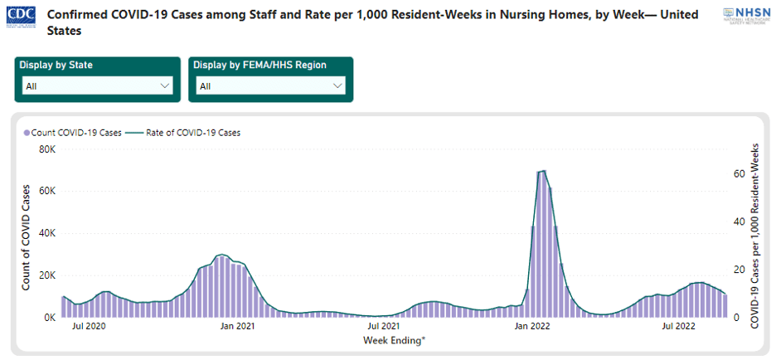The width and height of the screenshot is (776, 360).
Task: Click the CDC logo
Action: pos(22,17)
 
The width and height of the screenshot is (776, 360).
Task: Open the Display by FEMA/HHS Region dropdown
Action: pos(271,85)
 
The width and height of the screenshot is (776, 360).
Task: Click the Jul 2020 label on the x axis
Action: pos(90,327)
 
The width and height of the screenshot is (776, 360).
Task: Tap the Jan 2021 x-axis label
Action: pos(237,327)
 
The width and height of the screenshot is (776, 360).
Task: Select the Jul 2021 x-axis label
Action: pos(384,327)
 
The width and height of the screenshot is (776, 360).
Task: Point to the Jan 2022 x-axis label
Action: pos(531,327)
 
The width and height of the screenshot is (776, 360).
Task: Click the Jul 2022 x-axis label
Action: pos(678,327)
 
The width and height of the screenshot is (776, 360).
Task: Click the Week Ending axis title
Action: pos(393,340)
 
